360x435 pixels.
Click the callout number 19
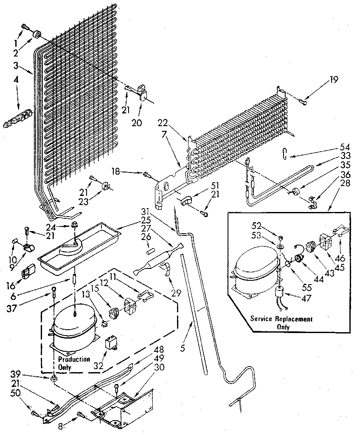pyautogui.click(x=334, y=79)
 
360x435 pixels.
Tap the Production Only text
pyautogui.click(x=74, y=363)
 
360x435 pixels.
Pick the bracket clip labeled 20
pyautogui.click(x=144, y=94)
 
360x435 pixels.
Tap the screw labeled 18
pyautogui.click(x=147, y=174)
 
